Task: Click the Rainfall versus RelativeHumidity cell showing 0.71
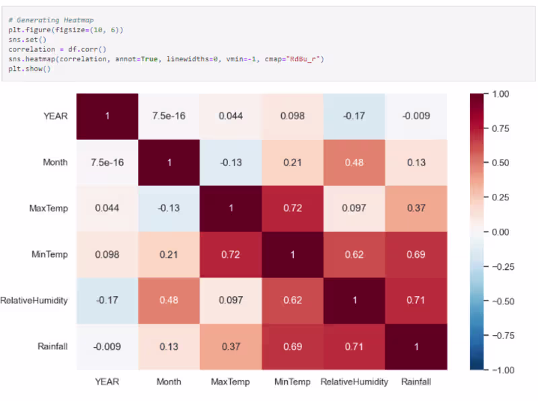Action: point(354,347)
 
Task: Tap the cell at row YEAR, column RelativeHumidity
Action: point(354,116)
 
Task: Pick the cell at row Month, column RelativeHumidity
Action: point(354,162)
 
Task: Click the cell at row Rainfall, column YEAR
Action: point(107,347)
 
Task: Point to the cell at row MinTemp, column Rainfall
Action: point(416,254)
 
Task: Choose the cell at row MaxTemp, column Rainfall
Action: point(416,208)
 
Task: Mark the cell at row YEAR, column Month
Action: point(169,116)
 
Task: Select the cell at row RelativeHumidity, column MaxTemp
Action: point(231,300)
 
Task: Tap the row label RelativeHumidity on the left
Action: point(35,300)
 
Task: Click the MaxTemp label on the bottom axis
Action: point(231,381)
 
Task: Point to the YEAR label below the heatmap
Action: point(107,381)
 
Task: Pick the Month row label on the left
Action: point(55,162)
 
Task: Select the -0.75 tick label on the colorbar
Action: point(499,335)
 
